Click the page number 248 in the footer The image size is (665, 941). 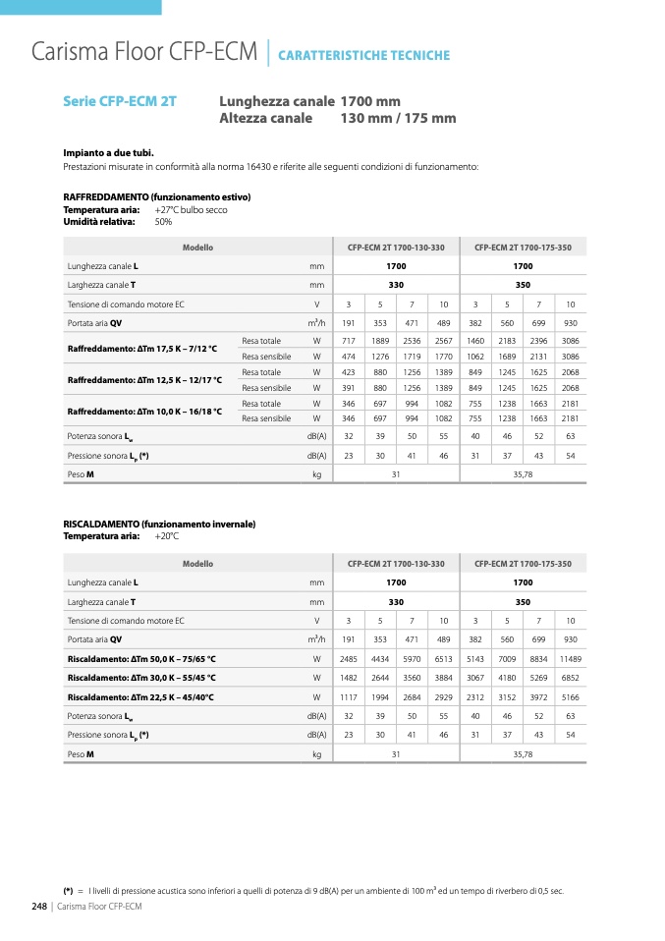click(40, 906)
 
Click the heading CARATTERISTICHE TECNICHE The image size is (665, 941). click(363, 56)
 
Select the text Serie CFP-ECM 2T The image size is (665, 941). click(119, 101)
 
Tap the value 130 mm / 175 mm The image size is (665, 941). click(398, 119)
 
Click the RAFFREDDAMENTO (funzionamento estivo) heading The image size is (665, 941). click(156, 197)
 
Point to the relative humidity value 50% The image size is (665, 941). click(163, 222)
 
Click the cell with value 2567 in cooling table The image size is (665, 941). click(443, 341)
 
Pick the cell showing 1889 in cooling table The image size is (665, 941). click(380, 341)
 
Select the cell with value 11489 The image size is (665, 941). click(570, 658)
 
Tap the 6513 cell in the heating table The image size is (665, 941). click(443, 658)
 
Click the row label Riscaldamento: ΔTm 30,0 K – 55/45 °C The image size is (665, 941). click(141, 678)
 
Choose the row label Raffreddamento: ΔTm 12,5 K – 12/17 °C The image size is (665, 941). click(144, 380)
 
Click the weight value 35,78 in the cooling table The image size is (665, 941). click(523, 474)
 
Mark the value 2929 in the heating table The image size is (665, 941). click(443, 697)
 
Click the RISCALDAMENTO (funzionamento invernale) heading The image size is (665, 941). click(159, 525)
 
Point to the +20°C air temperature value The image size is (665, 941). click(167, 536)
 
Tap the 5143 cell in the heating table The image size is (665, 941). click(475, 658)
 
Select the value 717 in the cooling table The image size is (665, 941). click(349, 341)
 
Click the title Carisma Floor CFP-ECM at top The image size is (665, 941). click(144, 51)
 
